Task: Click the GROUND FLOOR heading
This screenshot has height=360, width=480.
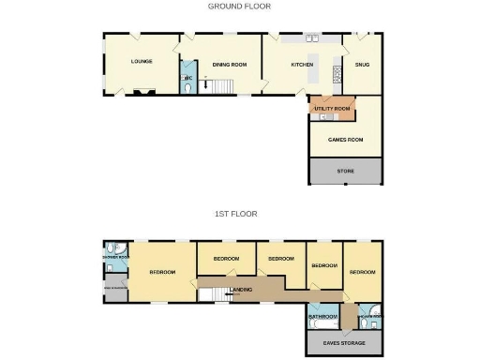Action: click(239, 7)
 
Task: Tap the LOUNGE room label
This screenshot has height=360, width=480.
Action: click(142, 62)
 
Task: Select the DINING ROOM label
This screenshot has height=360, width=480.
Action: click(229, 64)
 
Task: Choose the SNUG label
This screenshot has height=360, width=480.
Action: click(362, 65)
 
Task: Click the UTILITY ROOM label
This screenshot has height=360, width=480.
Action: click(332, 109)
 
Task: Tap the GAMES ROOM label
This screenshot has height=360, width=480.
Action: click(345, 140)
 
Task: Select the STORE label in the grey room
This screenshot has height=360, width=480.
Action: click(345, 171)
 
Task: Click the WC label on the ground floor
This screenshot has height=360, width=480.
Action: click(187, 78)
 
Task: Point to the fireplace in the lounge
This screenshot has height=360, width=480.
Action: click(143, 93)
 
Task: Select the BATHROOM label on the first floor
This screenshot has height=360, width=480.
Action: click(322, 317)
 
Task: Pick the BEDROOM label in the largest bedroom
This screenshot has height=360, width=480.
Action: click(162, 272)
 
